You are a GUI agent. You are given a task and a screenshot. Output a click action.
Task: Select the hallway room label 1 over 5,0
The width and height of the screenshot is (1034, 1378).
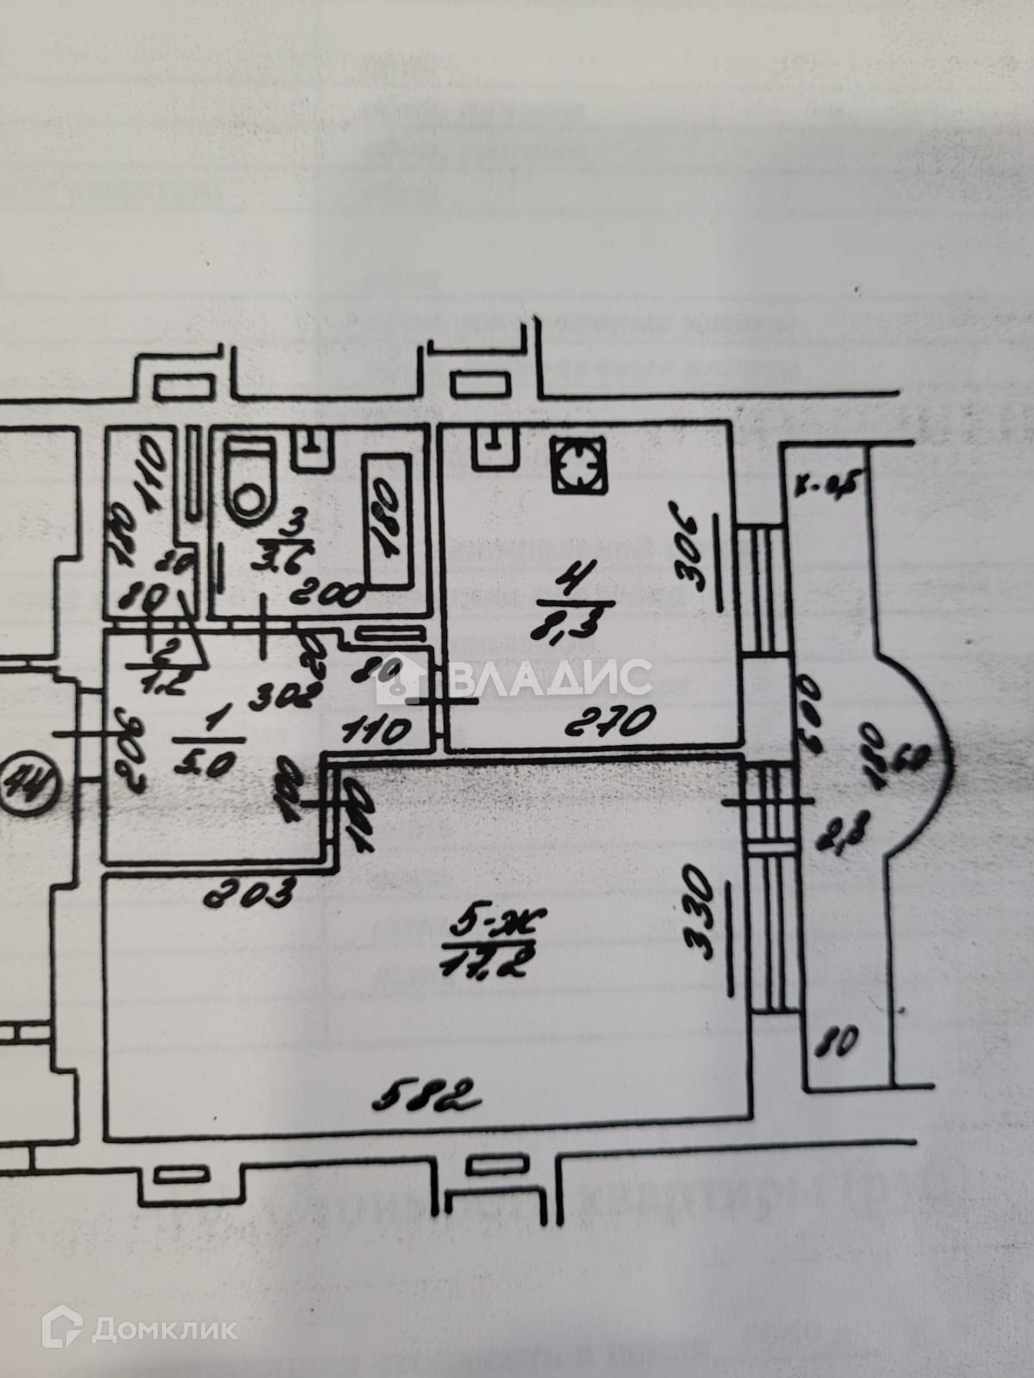pyautogui.click(x=202, y=748)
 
